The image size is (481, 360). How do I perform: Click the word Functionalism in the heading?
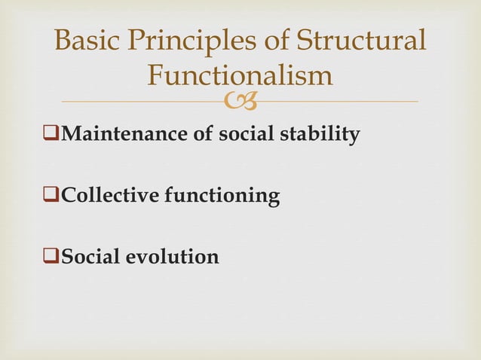pyautogui.click(x=240, y=75)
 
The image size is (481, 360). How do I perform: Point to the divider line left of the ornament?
pyautogui.click(x=143, y=102)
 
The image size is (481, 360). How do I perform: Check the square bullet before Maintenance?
pyautogui.click(x=53, y=136)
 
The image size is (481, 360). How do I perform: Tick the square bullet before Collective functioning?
pyautogui.click(x=53, y=197)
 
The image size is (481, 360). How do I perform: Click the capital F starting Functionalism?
pyautogui.click(x=157, y=75)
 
